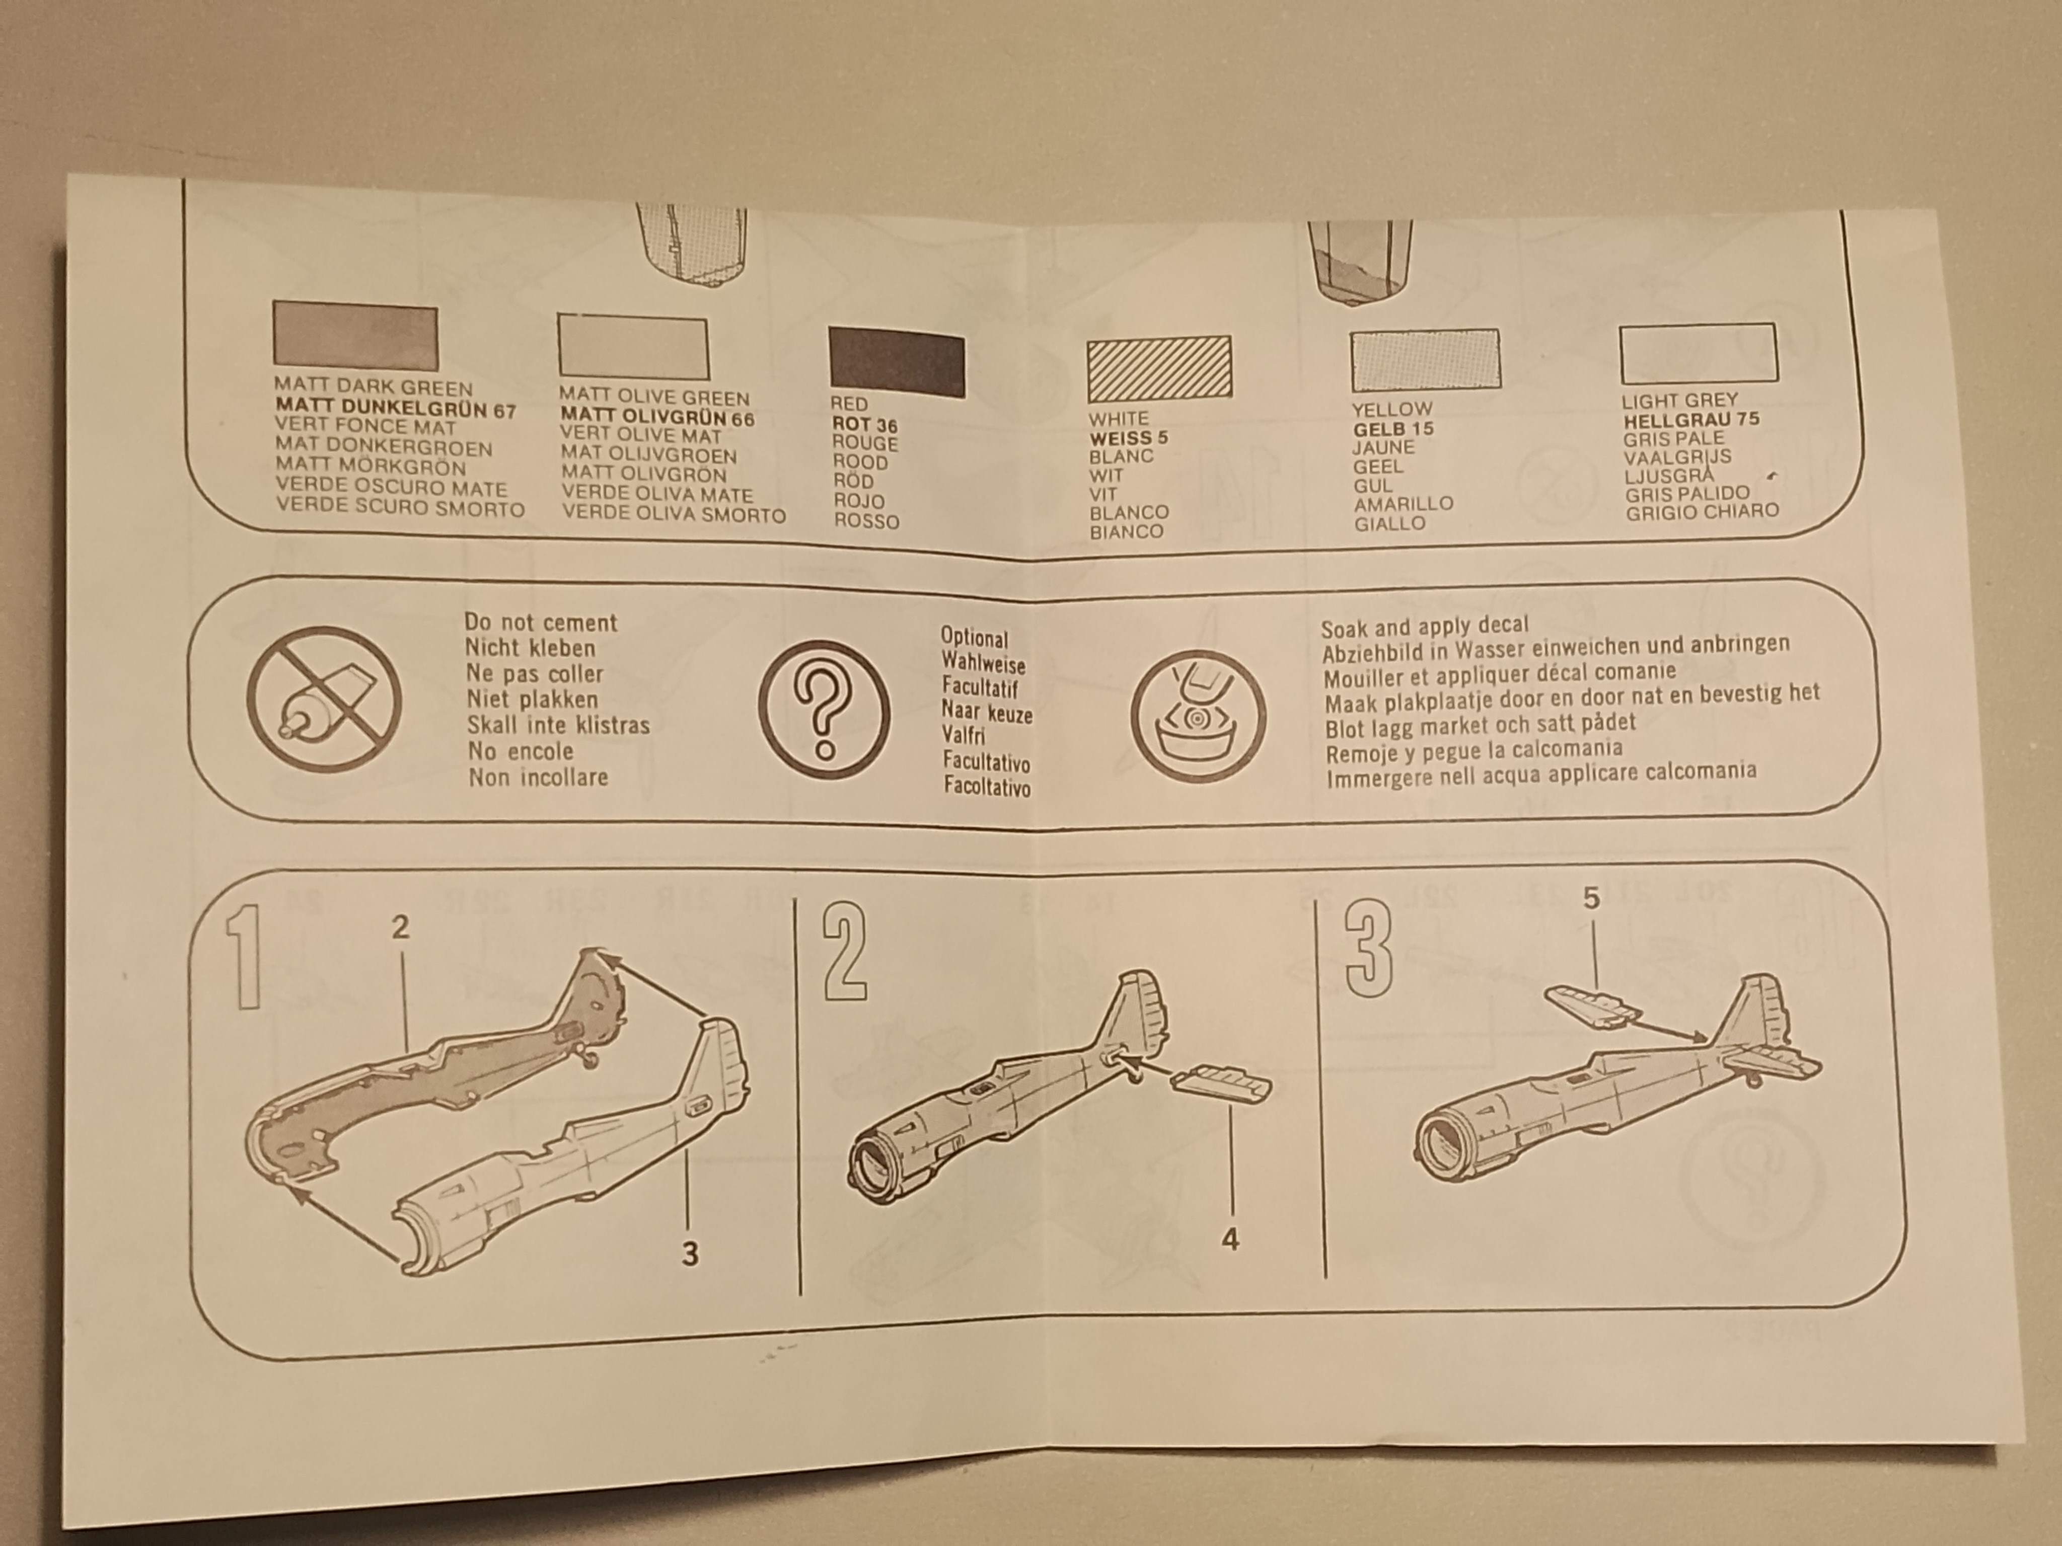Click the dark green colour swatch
355,336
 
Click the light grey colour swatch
1698,354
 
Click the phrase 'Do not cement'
541,623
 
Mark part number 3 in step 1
690,1254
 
